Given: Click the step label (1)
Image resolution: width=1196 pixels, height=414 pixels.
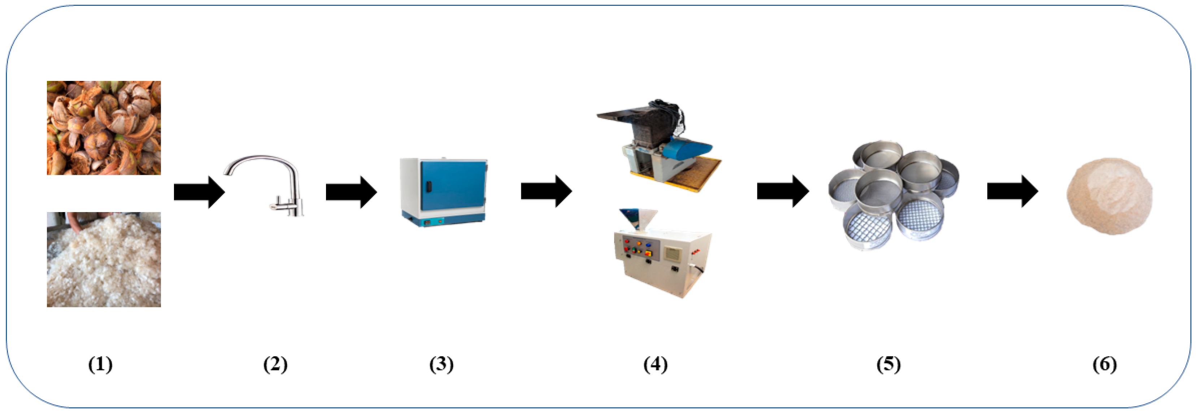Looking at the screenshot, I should pos(100,364).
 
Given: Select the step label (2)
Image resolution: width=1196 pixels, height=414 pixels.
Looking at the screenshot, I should pos(275,364).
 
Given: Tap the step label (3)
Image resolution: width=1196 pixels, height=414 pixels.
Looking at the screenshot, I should pos(441,364).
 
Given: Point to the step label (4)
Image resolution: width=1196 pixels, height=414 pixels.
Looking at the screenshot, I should pos(655,364).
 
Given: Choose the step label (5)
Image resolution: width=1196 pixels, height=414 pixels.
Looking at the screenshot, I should pos(888,364).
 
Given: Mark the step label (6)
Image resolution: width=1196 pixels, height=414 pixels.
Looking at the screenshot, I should pos(1105,364).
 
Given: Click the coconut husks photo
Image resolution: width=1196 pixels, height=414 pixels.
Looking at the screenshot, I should pos(104,128).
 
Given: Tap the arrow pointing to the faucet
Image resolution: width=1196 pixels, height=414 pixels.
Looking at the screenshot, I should pos(199,191).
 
